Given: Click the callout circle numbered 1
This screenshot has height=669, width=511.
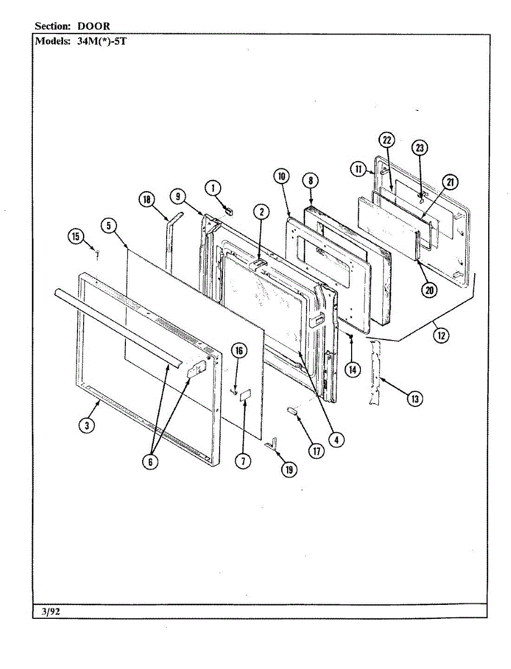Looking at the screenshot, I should tap(212, 188).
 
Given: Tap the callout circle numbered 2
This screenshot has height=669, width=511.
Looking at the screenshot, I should tap(261, 212).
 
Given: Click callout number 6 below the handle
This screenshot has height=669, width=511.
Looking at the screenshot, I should tap(150, 462).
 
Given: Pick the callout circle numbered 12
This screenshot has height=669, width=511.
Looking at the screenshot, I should tap(442, 337).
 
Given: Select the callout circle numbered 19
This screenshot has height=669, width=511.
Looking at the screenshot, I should tap(289, 469).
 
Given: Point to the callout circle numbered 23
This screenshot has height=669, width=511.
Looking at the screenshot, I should tap(420, 148).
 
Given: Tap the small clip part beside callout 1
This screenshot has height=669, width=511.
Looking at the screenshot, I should tap(227, 211).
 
